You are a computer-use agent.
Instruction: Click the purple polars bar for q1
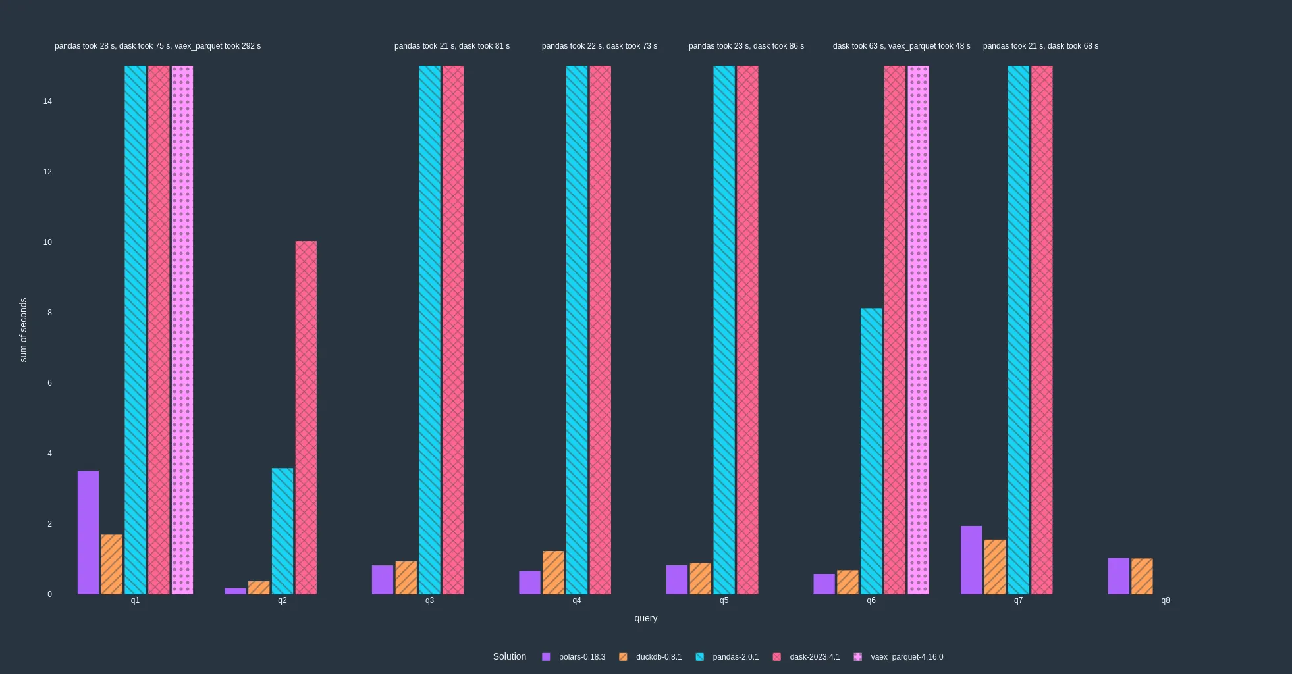pyautogui.click(x=88, y=532)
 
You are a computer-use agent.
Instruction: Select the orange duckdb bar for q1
pyautogui.click(x=112, y=564)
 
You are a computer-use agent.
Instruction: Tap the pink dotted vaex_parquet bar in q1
pyautogui.click(x=182, y=329)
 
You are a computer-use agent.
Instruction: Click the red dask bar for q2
pyautogui.click(x=306, y=417)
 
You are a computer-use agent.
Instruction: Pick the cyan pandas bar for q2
pyautogui.click(x=283, y=531)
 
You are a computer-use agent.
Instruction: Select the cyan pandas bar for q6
pyautogui.click(x=871, y=451)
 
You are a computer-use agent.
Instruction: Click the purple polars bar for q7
pyautogui.click(x=971, y=559)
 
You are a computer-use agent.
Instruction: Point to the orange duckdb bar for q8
pyautogui.click(x=1142, y=576)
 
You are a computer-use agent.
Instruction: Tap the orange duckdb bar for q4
pyautogui.click(x=553, y=572)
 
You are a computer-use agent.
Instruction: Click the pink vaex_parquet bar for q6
pyautogui.click(x=918, y=329)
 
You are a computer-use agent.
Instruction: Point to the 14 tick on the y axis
pyautogui.click(x=47, y=101)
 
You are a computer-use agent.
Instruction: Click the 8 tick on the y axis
pyautogui.click(x=49, y=313)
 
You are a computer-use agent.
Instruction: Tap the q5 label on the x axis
pyautogui.click(x=724, y=600)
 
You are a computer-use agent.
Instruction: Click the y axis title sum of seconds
pyautogui.click(x=24, y=330)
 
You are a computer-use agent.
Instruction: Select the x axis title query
pyautogui.click(x=645, y=618)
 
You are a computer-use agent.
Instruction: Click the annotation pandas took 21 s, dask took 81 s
pyautogui.click(x=452, y=46)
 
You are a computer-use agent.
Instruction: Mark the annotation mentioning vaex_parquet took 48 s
pyautogui.click(x=901, y=46)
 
